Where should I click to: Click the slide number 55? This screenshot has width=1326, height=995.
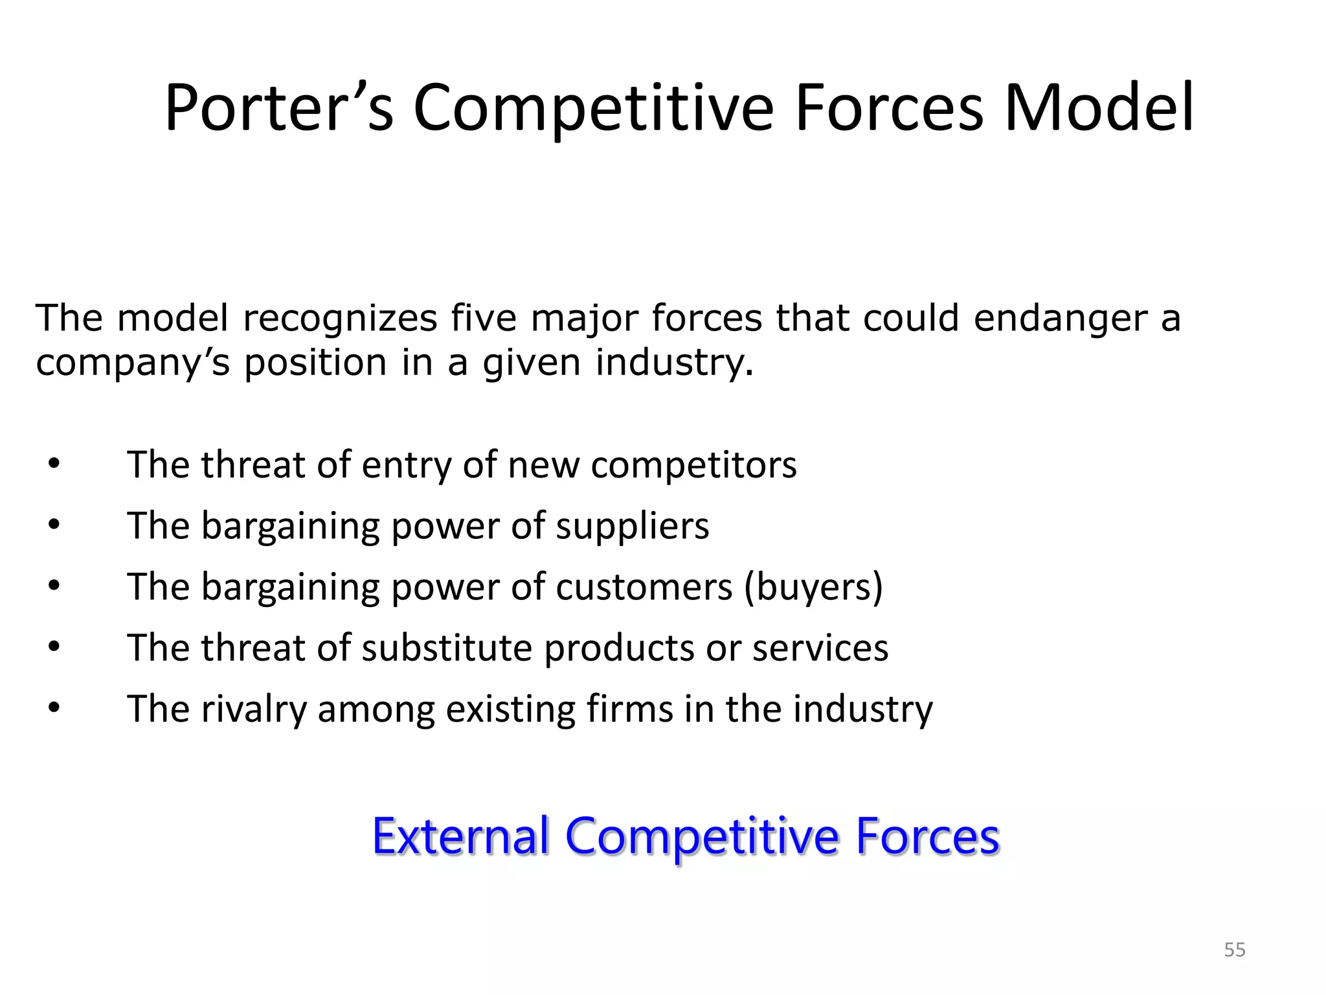1235,950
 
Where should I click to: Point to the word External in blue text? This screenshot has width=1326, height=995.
460,836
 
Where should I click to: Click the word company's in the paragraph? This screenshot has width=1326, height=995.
133,363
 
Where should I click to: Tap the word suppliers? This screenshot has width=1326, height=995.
633,526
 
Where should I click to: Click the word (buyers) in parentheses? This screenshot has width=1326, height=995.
813,587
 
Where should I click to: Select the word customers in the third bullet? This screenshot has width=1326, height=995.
644,587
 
